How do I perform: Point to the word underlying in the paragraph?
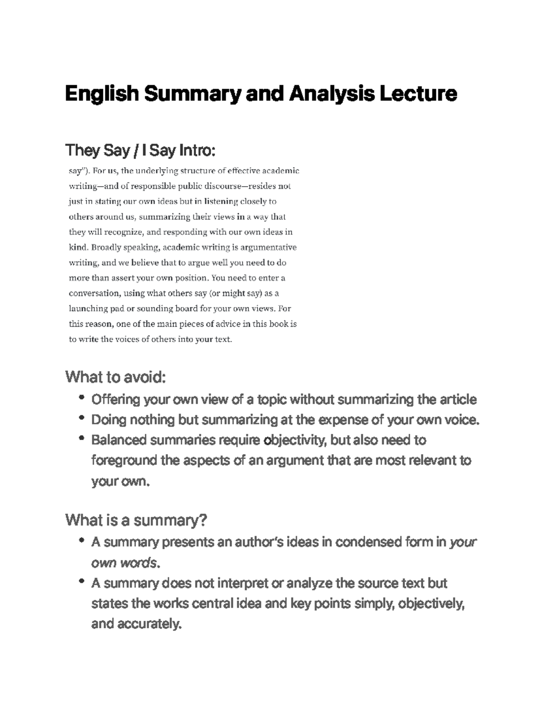tap(156, 171)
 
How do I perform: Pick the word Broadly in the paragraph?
tap(106, 247)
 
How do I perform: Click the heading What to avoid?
tap(115, 377)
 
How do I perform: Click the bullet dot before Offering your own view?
tap(82, 397)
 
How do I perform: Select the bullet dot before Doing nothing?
tap(82, 418)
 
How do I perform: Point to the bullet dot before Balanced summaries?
tap(82, 438)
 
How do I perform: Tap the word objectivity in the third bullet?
tap(295, 440)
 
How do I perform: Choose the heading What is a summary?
tap(136, 520)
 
